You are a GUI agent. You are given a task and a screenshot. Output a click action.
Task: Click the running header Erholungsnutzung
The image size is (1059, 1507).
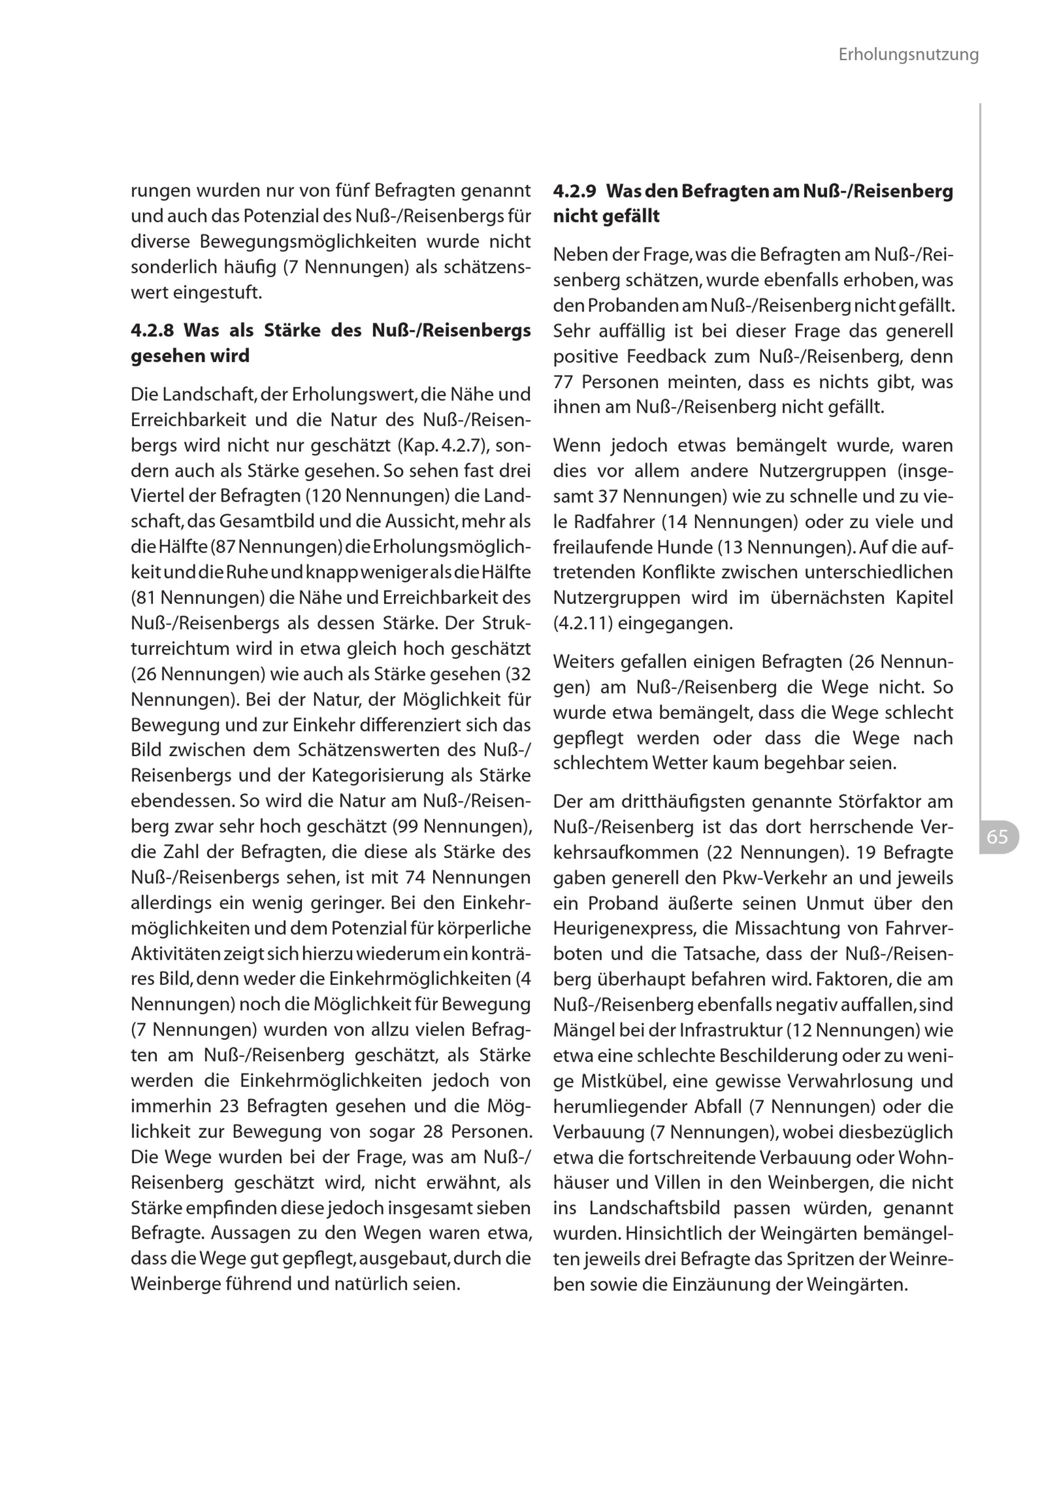(x=908, y=55)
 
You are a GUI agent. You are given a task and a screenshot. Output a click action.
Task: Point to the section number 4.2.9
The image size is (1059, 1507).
(x=575, y=192)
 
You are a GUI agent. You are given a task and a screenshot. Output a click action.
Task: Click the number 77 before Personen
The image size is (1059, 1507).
(x=563, y=382)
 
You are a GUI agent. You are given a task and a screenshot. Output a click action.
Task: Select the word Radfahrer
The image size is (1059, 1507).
(x=614, y=522)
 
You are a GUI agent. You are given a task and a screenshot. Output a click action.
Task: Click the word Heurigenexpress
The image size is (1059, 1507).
(x=624, y=928)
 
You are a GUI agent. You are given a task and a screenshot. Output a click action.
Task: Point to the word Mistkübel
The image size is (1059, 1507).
(x=622, y=1081)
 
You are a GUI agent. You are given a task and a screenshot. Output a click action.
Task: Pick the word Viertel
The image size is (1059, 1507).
(x=157, y=496)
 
